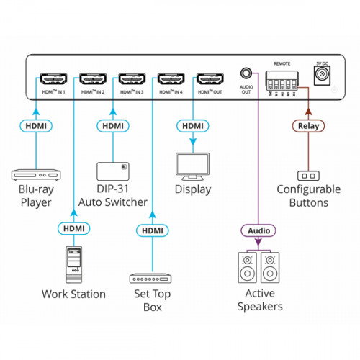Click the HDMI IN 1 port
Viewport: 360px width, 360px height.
click(53, 78)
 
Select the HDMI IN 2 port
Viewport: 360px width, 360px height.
click(93, 78)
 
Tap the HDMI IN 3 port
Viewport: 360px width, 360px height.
click(132, 78)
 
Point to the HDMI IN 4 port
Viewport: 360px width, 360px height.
click(171, 78)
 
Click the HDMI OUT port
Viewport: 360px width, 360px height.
click(210, 78)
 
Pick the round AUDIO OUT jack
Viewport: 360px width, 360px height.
click(247, 74)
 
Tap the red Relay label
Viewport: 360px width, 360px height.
click(309, 127)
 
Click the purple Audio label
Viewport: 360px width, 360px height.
click(258, 230)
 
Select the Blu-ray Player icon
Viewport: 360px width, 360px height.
click(35, 174)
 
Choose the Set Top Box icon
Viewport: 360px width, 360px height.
click(151, 278)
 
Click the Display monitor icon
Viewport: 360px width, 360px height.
click(193, 166)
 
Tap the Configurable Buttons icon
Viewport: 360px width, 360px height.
click(309, 175)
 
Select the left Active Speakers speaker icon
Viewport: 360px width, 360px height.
click(247, 267)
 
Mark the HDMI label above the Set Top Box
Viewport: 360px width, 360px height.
click(151, 230)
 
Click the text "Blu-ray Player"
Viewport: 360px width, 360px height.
click(35, 197)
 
